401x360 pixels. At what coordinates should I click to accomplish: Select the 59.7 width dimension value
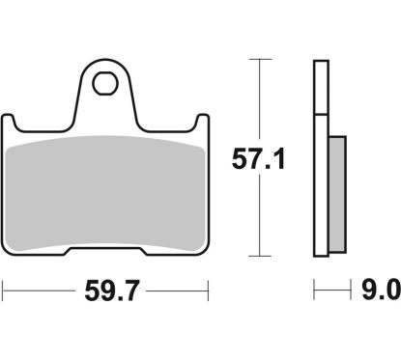coord(106,288)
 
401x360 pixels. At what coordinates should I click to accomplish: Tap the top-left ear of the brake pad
coord(12,123)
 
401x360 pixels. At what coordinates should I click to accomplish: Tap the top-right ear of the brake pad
coord(203,123)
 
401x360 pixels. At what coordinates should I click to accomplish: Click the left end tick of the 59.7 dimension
coord(5,288)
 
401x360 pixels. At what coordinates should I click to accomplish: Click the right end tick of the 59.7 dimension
coord(208,288)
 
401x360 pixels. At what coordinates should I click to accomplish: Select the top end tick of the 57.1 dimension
coord(256,59)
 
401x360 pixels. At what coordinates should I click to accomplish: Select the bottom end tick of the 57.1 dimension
coord(256,256)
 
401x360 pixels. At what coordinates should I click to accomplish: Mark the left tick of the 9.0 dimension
coord(313,288)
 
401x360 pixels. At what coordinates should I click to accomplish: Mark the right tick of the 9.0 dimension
coord(345,288)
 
